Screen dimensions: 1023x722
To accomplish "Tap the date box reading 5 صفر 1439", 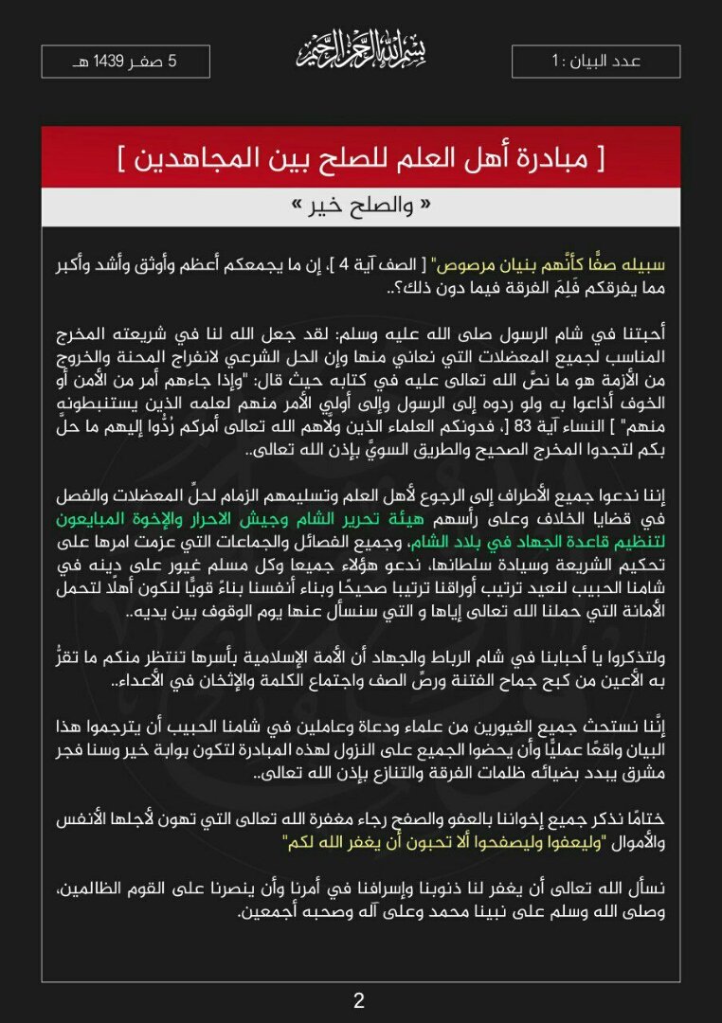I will tap(126, 62).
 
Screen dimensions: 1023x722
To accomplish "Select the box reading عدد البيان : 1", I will tap(596, 62).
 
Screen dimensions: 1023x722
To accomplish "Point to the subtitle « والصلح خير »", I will tap(360, 206).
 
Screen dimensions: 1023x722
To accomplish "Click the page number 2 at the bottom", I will tap(359, 1000).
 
